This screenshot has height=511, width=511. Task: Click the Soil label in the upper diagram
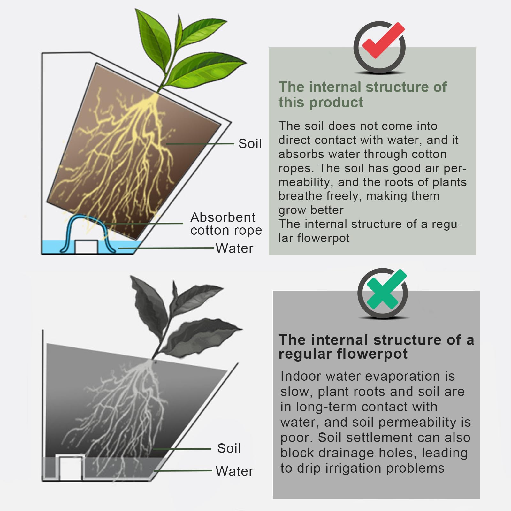coord(250,144)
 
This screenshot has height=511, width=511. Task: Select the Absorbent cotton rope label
coord(226,224)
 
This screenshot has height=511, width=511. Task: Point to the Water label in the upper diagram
coord(234,248)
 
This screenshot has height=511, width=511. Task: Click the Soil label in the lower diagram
coord(229,448)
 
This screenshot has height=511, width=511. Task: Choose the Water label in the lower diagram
coord(234,471)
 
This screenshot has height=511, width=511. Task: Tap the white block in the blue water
coord(86,247)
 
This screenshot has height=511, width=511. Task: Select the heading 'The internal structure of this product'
coord(362,95)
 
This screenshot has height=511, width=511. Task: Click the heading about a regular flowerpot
coord(376,347)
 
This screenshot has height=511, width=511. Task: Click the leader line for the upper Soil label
coord(200,144)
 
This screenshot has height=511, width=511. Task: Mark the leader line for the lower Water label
coord(183,470)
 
